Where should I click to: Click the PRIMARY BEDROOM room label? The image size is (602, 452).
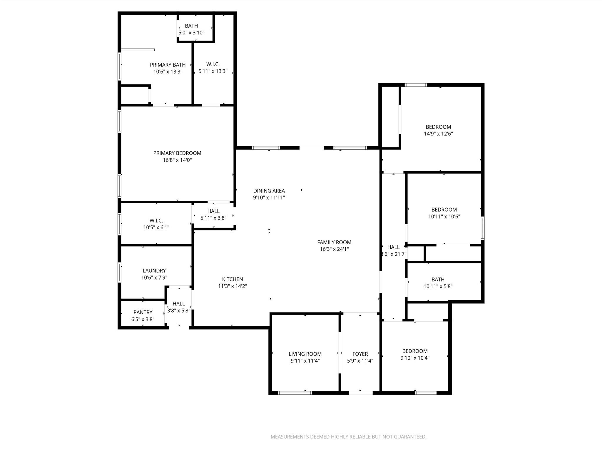[177, 153]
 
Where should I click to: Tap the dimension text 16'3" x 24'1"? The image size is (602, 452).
[334, 249]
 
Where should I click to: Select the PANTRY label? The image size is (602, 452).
[143, 312]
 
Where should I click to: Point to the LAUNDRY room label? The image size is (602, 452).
[154, 270]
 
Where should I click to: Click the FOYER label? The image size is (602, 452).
[360, 354]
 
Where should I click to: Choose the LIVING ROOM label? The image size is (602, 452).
[305, 354]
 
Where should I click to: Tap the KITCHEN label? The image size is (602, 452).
[232, 279]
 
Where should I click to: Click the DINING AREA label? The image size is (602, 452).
[269, 191]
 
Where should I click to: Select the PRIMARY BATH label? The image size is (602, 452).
[168, 65]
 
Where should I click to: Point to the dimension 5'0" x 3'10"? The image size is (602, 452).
[191, 33]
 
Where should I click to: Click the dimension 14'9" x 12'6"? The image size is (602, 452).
[438, 134]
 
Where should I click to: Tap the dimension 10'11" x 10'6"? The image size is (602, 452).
[444, 217]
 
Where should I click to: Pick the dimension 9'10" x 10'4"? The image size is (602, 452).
[415, 358]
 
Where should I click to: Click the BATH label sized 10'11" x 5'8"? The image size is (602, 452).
[438, 280]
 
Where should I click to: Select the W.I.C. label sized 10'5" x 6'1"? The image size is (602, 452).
[156, 220]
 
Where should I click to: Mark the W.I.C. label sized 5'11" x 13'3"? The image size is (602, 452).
[213, 64]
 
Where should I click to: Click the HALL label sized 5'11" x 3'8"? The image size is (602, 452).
[213, 211]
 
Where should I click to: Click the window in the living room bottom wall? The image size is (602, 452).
[295, 393]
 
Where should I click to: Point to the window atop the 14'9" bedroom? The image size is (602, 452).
[416, 85]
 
